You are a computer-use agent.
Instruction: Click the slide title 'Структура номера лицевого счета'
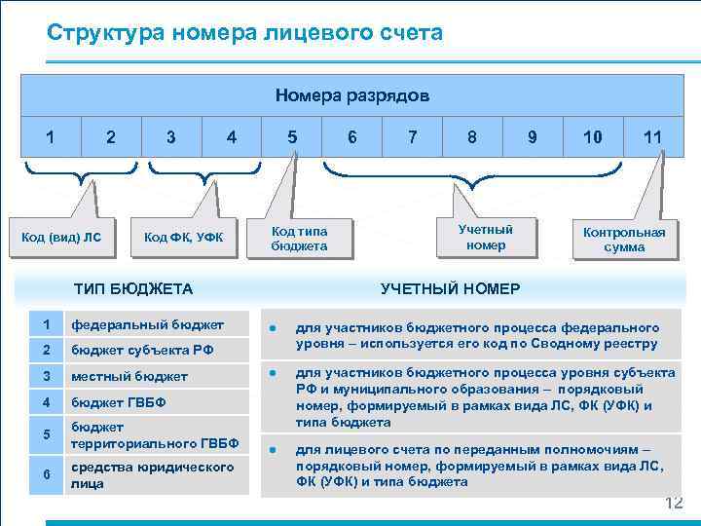coord(244,33)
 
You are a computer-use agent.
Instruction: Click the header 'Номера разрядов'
coord(351,95)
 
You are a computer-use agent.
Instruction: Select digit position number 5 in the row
coord(292,137)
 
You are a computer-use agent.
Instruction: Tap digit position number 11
coord(652,137)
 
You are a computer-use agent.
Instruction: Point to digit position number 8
coord(472,137)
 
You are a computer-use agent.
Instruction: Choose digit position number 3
coord(171,137)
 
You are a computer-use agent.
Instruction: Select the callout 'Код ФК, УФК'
coord(190,237)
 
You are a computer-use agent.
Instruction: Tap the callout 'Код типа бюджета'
coord(299,239)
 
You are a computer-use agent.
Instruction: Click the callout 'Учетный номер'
coord(485,237)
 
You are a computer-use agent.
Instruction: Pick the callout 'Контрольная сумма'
coord(624,240)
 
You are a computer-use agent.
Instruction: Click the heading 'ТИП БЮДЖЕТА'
coord(133,288)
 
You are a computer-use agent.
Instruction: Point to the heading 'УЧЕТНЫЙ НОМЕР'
coord(450,288)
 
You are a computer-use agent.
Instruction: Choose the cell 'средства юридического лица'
coord(152,475)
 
